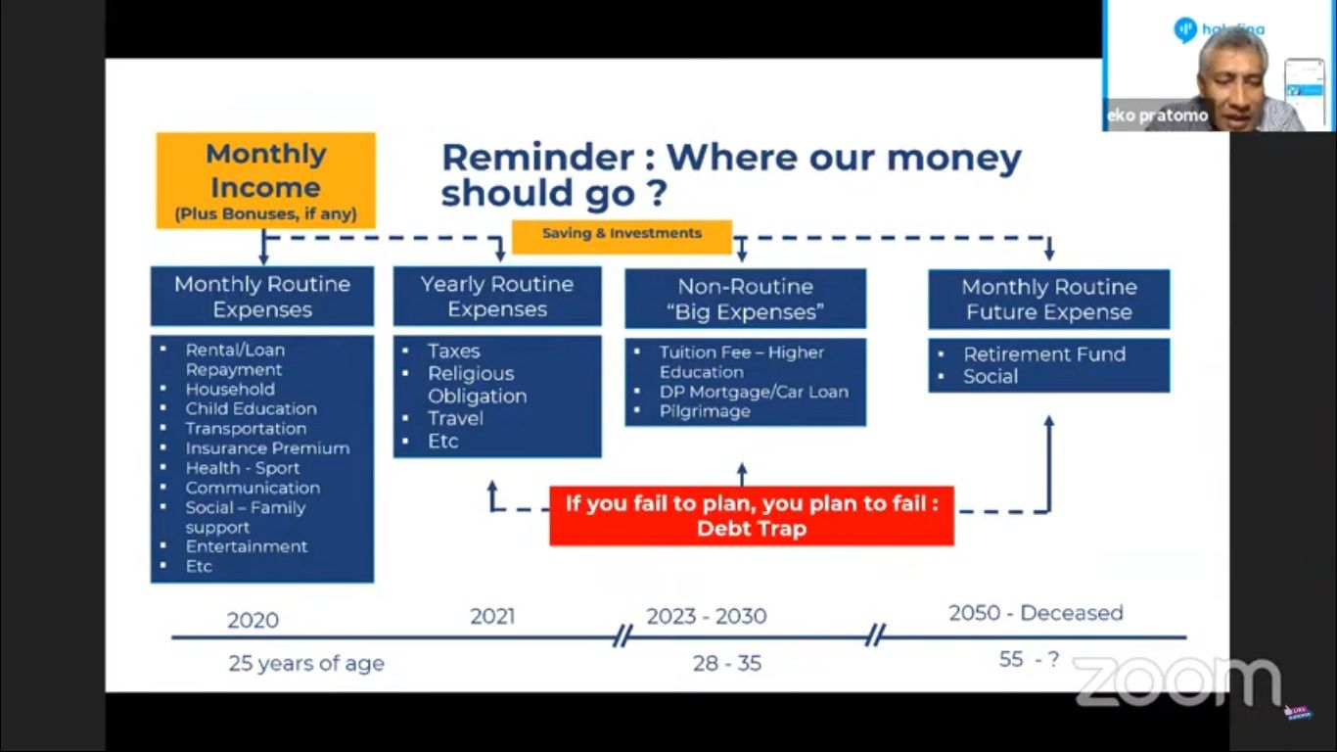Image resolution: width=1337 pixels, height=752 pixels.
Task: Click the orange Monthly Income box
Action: click(265, 180)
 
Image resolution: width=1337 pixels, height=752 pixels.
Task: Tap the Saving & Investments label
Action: click(622, 233)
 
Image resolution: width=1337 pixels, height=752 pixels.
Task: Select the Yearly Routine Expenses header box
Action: click(497, 297)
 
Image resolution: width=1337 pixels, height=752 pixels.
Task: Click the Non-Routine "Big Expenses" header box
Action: click(746, 299)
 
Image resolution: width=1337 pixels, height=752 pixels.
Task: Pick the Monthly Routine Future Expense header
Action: click(1049, 300)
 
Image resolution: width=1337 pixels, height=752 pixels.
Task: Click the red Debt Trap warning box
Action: click(752, 516)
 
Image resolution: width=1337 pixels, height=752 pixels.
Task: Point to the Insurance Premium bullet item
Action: click(267, 448)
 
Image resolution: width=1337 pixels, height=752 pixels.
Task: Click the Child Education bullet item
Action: click(251, 408)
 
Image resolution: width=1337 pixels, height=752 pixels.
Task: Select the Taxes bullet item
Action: click(453, 351)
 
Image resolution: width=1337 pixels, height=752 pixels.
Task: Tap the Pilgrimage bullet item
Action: click(705, 411)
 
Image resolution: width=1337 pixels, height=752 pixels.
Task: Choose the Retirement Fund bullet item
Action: click(1044, 354)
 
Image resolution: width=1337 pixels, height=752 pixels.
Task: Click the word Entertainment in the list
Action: click(247, 546)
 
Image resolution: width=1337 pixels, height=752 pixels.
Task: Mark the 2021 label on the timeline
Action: click(492, 617)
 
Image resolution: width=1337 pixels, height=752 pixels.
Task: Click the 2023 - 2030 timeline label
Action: click(706, 617)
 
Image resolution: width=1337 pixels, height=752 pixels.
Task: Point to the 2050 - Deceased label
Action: click(1037, 613)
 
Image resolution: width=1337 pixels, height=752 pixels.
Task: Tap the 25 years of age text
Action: click(306, 663)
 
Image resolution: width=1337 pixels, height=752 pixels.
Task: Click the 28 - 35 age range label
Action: click(727, 663)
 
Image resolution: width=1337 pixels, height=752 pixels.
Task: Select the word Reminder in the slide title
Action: click(537, 158)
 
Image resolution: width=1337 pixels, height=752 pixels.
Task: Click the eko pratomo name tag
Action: click(1157, 116)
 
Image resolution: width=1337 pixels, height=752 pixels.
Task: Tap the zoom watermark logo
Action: click(1177, 680)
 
